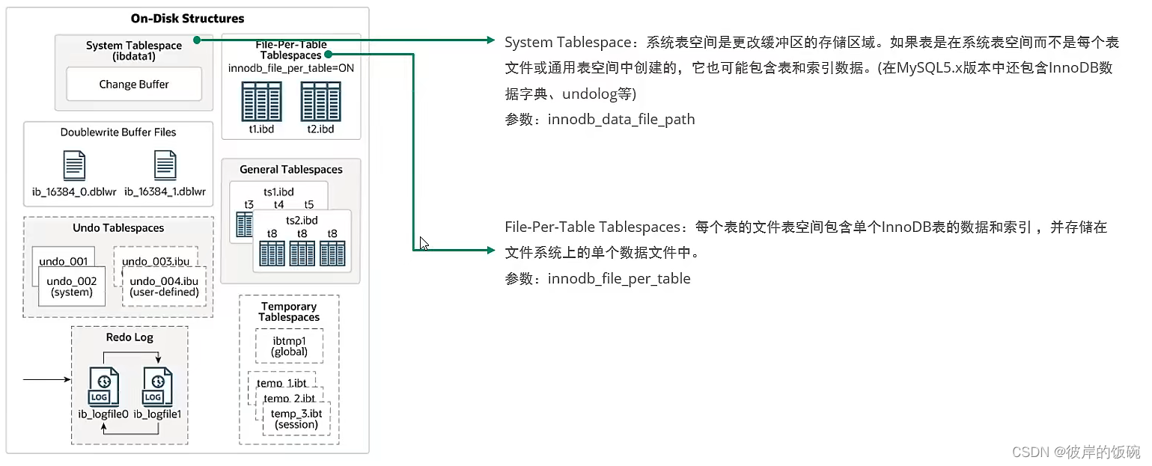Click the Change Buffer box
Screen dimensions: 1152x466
pyautogui.click(x=134, y=85)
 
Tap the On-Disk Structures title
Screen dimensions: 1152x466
pyautogui.click(x=187, y=18)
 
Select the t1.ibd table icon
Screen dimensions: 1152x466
pyautogui.click(x=260, y=102)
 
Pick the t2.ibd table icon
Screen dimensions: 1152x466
pyautogui.click(x=320, y=102)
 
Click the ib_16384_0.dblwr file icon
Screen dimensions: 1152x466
pyautogui.click(x=73, y=165)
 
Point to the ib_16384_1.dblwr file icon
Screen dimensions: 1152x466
pyautogui.click(x=165, y=165)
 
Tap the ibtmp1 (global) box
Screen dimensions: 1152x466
pyautogui.click(x=289, y=346)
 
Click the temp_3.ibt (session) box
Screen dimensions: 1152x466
pyautogui.click(x=296, y=419)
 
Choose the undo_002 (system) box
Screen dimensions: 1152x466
pyautogui.click(x=71, y=286)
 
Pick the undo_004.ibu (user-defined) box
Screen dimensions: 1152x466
pyautogui.click(x=163, y=286)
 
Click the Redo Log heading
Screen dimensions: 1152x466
pyautogui.click(x=129, y=337)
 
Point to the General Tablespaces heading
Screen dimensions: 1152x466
pyautogui.click(x=291, y=170)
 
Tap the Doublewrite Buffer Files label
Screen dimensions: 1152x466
pyautogui.click(x=118, y=132)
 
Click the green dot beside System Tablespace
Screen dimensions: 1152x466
pyautogui.click(x=195, y=40)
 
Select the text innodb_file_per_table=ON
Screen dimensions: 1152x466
pyautogui.click(x=291, y=68)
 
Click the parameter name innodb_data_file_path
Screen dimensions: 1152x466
pyautogui.click(x=621, y=119)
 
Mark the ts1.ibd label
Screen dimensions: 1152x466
pyautogui.click(x=279, y=192)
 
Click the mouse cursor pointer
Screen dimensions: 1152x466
pyautogui.click(x=423, y=242)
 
